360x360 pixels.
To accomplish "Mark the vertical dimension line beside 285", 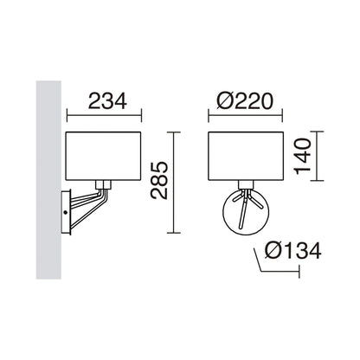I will (x=174, y=181).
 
